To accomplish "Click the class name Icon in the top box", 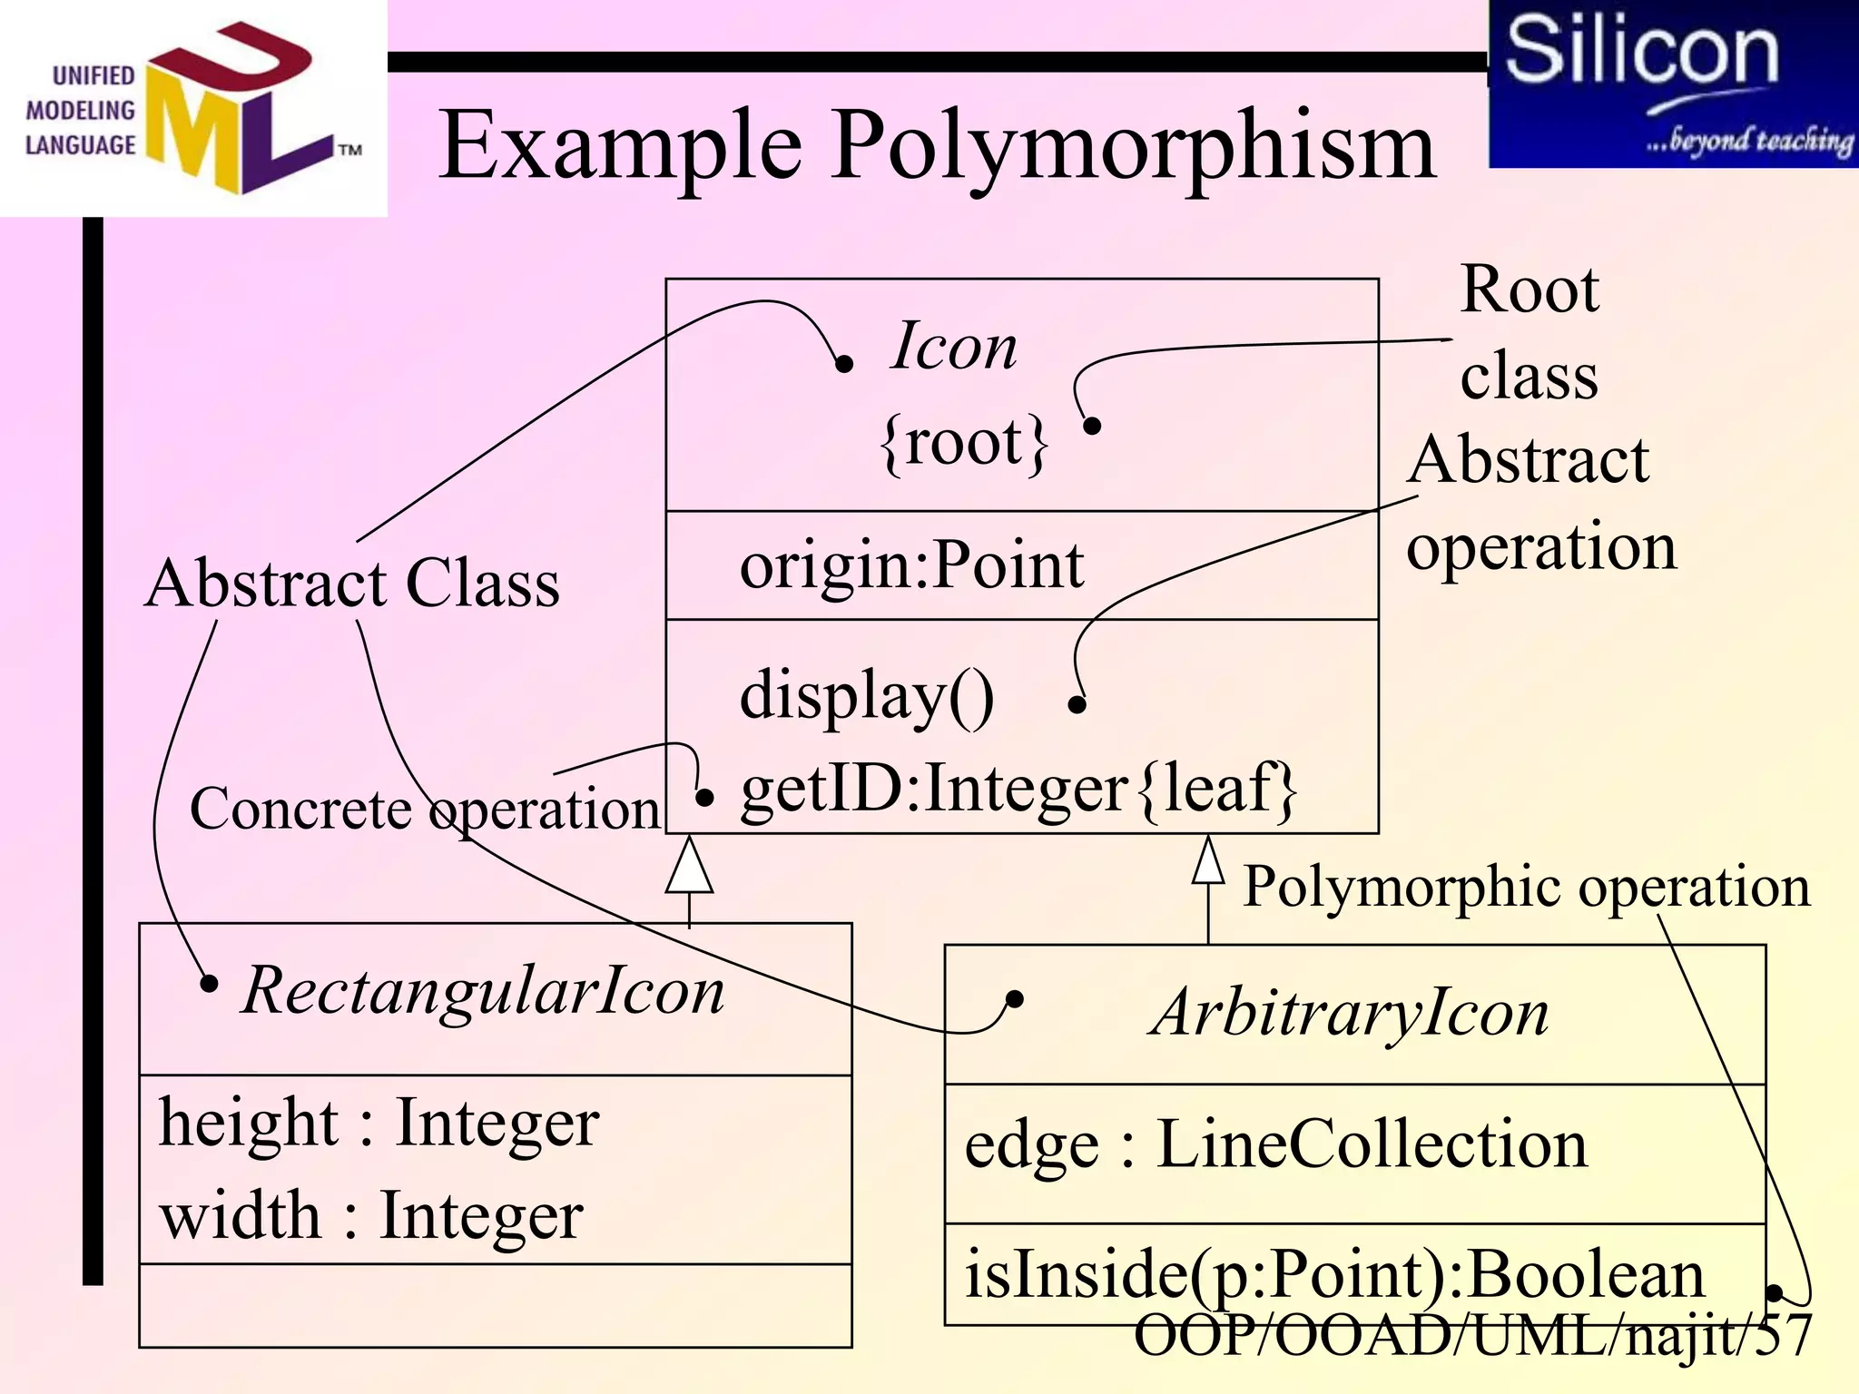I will click(954, 347).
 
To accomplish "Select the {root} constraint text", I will click(964, 443).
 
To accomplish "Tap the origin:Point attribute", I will click(911, 565).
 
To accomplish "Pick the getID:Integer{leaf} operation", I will click(1018, 789).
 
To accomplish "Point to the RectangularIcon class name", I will click(484, 990).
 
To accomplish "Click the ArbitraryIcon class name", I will click(1349, 1013).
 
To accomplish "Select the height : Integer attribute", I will click(379, 1124).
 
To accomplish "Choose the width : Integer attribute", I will click(371, 1216).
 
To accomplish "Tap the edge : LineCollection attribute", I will click(1275, 1144).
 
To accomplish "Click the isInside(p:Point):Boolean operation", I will click(1334, 1274).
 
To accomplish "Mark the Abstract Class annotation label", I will click(352, 584).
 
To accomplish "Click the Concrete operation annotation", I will click(424, 809).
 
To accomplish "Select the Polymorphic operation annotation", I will click(1526, 886).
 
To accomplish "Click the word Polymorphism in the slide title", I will click(1134, 145).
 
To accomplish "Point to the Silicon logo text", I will click(1641, 51).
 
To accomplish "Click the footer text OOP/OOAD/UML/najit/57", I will click(1472, 1335).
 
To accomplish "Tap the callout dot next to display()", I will click(1077, 704).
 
